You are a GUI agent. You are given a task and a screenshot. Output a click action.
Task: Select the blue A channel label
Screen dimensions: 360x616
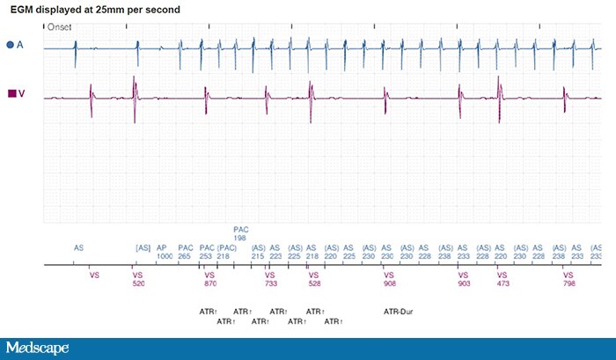point(18,44)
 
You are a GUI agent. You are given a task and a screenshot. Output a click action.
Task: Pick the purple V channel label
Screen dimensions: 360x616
point(17,92)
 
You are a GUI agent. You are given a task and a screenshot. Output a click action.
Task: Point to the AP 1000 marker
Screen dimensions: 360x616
point(165,253)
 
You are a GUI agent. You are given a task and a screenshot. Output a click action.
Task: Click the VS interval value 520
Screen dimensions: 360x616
point(137,284)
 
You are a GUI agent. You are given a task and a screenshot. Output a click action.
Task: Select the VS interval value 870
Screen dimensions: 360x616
point(209,284)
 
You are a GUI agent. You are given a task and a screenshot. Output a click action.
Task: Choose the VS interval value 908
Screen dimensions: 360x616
point(390,284)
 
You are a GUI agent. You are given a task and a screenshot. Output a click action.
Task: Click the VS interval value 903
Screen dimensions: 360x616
point(464,284)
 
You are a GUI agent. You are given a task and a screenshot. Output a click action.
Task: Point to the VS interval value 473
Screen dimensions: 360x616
point(503,284)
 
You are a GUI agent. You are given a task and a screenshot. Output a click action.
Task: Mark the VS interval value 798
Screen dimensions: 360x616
point(569,284)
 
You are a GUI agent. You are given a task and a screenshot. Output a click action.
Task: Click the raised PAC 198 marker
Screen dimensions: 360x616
point(241,234)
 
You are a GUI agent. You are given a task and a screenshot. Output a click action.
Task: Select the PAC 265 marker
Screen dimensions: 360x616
point(185,253)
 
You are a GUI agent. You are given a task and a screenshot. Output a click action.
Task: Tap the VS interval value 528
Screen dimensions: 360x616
point(314,284)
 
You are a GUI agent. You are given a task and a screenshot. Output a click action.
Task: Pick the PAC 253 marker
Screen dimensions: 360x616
point(207,253)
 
